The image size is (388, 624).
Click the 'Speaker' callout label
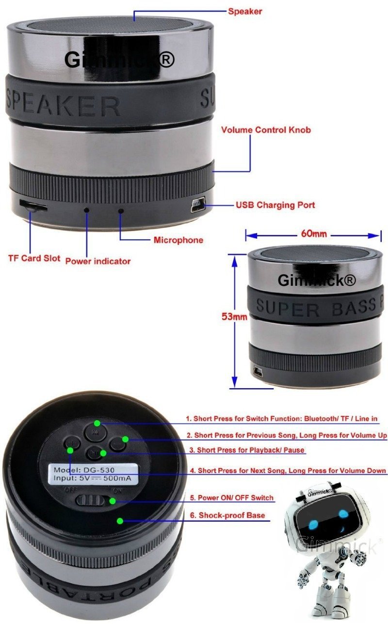coord(245,12)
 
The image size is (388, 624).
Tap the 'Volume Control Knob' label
coord(266,130)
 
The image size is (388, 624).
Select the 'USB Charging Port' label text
coord(275,205)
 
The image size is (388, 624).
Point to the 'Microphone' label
coord(178,240)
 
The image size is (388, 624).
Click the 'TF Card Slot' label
coord(34,258)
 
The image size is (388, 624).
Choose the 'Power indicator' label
coord(98,261)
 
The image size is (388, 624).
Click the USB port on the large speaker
coord(198,205)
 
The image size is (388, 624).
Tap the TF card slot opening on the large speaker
coord(33,206)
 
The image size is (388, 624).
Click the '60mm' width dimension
coord(314,233)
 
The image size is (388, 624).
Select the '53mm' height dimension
coord(234,316)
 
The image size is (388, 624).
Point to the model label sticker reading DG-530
coord(93,474)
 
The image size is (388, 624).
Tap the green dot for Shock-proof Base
coord(120,521)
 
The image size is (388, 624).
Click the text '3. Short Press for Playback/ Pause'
coord(247,450)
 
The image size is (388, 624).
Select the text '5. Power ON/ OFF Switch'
coord(232,497)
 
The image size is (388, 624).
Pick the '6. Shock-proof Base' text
coord(227,515)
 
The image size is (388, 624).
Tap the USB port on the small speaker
coord(258,372)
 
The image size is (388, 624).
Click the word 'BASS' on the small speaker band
coord(354,307)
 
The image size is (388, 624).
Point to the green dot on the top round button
coord(97,423)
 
